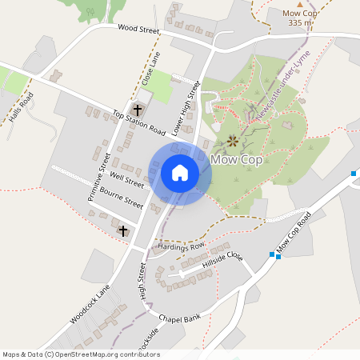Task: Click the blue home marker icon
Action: (x=180, y=173)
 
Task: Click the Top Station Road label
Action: (x=138, y=121)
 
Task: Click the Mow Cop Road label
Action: (x=294, y=234)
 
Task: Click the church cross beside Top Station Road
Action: (x=137, y=109)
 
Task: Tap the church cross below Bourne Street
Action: (x=123, y=230)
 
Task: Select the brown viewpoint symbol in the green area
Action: (x=233, y=142)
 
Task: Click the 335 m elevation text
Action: (x=299, y=23)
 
